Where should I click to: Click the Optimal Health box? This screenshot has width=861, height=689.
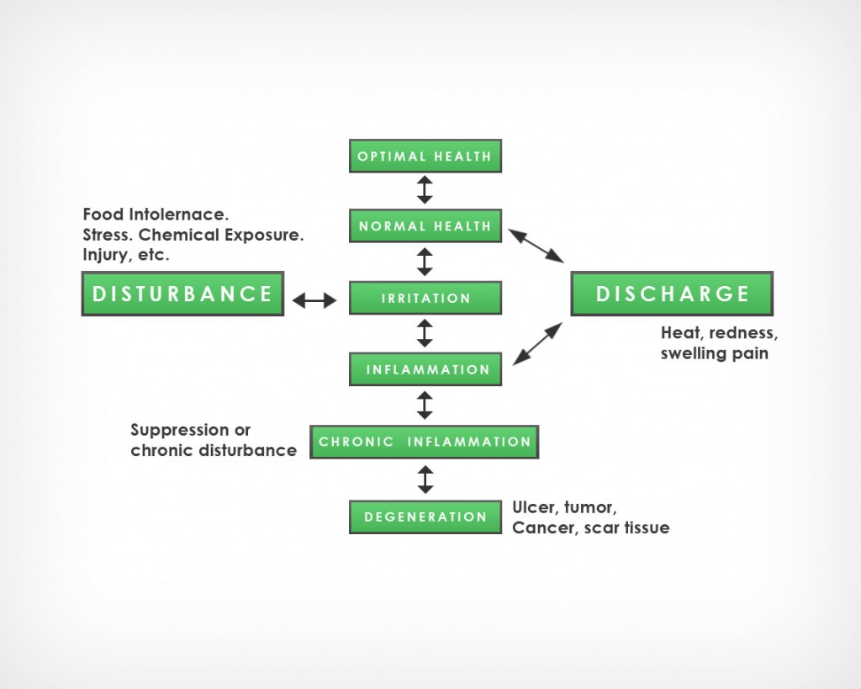point(425,156)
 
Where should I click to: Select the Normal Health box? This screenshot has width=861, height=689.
point(425,225)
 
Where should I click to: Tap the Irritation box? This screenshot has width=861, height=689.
point(425,298)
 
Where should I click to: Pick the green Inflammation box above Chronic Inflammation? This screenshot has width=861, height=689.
point(425,369)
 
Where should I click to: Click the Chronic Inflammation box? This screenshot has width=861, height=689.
point(425,442)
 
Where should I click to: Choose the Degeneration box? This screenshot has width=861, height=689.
point(425,517)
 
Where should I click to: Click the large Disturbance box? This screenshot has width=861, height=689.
point(182,294)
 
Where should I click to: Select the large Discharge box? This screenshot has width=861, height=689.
point(672,294)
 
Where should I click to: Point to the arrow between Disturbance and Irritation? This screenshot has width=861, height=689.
point(314,299)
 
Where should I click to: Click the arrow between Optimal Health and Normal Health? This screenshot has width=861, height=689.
point(425,189)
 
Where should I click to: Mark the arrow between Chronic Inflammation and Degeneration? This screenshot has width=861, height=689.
point(425,480)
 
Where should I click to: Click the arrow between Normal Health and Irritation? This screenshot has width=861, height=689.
point(425,262)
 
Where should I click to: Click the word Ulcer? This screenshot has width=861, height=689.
point(533,507)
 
